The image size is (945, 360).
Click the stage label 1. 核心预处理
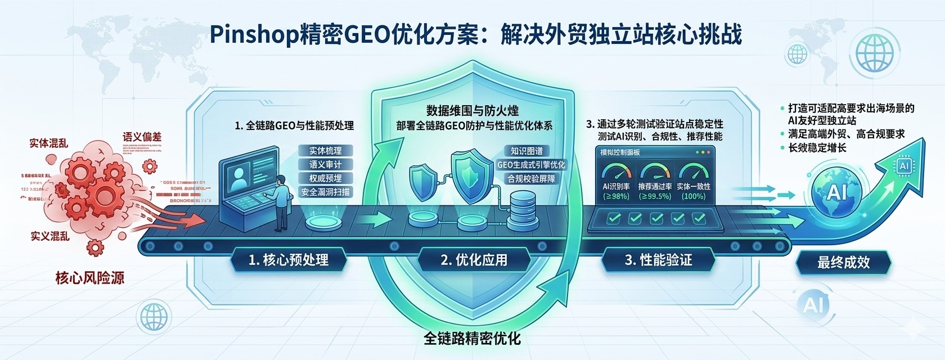click(x=288, y=260)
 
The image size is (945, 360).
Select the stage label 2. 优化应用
click(x=474, y=260)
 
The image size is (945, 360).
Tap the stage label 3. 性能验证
click(x=658, y=260)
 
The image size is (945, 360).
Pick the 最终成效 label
click(x=843, y=262)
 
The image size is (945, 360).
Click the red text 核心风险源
click(x=90, y=278)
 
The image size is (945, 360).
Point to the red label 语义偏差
click(x=142, y=137)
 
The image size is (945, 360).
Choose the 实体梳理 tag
click(x=325, y=151)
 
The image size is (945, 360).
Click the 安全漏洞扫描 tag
click(x=325, y=192)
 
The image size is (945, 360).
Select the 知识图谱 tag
click(x=530, y=151)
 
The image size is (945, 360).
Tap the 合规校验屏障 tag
click(x=532, y=179)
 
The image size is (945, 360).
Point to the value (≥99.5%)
click(x=655, y=196)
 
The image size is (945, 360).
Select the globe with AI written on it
click(x=836, y=193)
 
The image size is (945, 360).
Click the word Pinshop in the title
click(x=248, y=35)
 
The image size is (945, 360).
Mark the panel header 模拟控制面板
click(x=620, y=152)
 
